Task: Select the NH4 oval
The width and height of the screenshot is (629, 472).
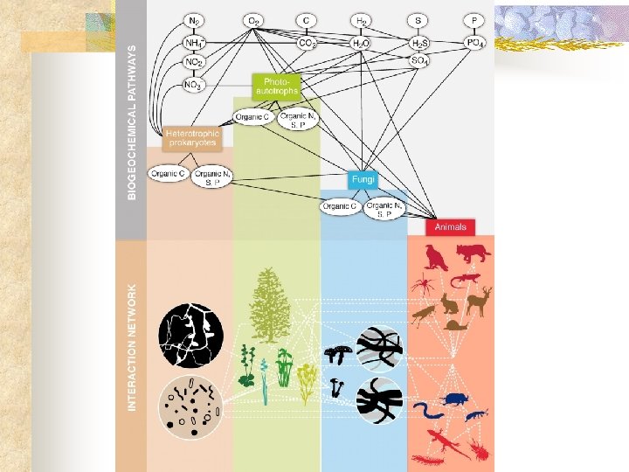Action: (x=194, y=41)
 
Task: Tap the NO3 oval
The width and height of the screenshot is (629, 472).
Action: (x=194, y=85)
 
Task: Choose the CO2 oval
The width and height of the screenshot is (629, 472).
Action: (x=308, y=41)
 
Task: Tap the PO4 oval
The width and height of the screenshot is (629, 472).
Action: (x=474, y=41)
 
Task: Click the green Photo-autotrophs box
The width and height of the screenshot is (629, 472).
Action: (x=276, y=85)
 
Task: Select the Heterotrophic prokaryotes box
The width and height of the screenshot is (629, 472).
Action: (x=191, y=138)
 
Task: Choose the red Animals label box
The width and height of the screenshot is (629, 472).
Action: (x=451, y=226)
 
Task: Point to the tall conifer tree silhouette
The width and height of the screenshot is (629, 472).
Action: (x=269, y=305)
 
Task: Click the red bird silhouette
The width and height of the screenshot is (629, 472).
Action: (x=436, y=256)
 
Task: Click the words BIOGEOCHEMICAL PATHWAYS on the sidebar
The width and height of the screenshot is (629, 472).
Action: (x=132, y=122)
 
